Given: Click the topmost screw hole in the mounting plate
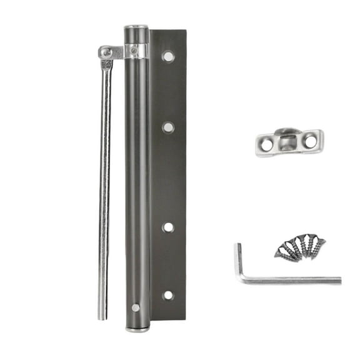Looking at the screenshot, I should [168, 56].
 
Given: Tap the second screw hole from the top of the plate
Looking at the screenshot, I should [168, 127].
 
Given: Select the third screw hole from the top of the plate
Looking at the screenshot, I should [168, 227].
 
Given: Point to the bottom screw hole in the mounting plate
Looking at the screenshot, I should [168, 295].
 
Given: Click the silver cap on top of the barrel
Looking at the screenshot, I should [136, 29].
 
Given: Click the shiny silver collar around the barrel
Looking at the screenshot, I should [136, 51].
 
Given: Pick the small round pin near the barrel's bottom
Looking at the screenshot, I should [136, 307].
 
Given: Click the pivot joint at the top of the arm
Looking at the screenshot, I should [107, 52].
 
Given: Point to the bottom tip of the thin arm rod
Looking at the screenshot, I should [102, 315].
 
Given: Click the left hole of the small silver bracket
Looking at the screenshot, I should [267, 144].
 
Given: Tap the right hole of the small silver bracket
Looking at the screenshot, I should [310, 141].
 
